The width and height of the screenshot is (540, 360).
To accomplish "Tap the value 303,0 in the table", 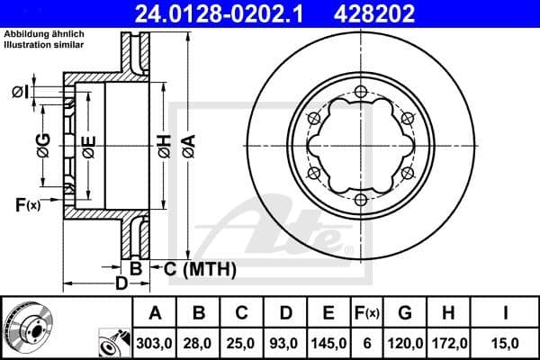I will (x=155, y=344).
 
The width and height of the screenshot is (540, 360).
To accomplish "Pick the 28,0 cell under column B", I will (x=200, y=344).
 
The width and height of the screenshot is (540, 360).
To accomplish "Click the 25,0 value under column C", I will (x=243, y=344).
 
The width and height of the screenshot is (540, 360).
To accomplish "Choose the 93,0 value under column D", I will (x=286, y=344).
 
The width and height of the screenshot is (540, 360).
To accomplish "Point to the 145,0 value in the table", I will (x=328, y=344).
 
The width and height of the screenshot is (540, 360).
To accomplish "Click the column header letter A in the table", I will (x=155, y=314).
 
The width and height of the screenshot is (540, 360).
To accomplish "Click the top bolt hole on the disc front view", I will (x=360, y=91).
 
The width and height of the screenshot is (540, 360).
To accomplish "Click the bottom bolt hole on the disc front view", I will (x=360, y=198).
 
